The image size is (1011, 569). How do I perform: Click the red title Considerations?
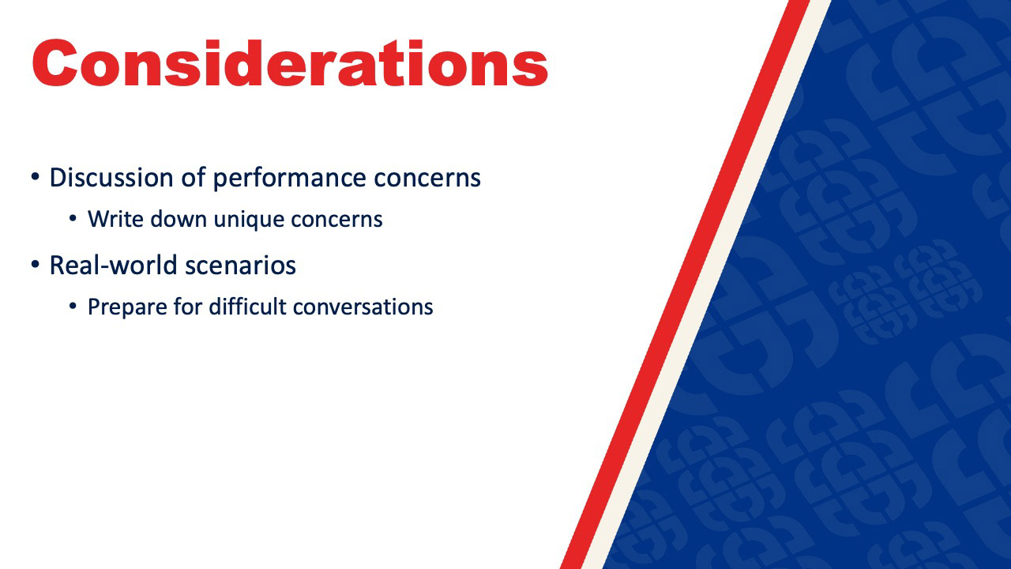click(x=290, y=62)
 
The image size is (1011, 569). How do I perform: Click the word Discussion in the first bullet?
click(x=111, y=177)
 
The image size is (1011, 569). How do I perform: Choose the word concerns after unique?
click(x=336, y=220)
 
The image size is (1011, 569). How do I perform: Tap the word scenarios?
click(x=241, y=266)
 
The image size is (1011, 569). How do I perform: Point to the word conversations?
click(x=363, y=307)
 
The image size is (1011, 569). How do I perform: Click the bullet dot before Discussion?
click(x=36, y=176)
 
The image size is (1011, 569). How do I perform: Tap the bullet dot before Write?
click(x=73, y=219)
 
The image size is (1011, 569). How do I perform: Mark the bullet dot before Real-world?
click(x=36, y=264)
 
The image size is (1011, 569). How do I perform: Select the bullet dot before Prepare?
click(x=73, y=306)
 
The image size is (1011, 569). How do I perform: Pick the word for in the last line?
click(x=187, y=307)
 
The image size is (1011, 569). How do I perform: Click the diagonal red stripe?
click(x=685, y=284)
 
